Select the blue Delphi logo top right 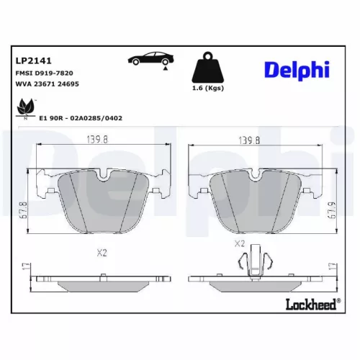(296, 70)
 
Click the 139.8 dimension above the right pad (249, 141)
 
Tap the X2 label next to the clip (240, 243)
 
